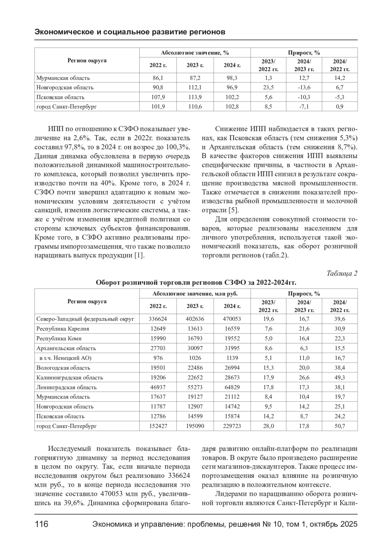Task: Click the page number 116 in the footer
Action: click(41, 525)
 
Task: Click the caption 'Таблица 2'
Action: click(342, 273)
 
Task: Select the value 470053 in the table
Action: click(232, 319)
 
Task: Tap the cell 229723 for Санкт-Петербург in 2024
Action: click(232, 426)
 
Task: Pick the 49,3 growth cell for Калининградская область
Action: click(340, 377)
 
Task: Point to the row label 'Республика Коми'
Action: click(59, 338)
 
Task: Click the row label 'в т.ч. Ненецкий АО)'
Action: click(65, 358)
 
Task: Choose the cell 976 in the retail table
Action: click(158, 358)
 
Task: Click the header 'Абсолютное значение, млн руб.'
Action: click(195, 294)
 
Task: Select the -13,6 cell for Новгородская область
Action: click(304, 87)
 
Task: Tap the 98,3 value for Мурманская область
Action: click(232, 78)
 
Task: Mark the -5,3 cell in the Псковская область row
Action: click(340, 97)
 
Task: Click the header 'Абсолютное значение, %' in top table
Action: click(195, 53)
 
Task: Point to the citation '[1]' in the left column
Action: click(139, 255)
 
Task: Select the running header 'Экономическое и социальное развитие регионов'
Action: click(130, 32)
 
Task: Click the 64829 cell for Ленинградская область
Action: click(232, 387)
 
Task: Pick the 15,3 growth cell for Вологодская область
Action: click(268, 368)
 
